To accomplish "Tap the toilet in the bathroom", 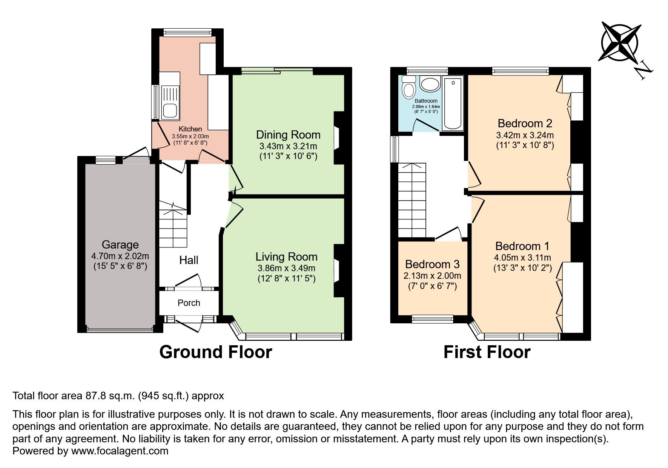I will click(x=408, y=88).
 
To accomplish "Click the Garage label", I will click(x=120, y=245).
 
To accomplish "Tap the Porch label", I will click(x=189, y=303).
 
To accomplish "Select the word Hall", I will click(x=189, y=260).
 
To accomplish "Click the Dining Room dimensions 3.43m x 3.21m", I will click(x=288, y=146).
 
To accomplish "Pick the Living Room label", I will click(x=286, y=257).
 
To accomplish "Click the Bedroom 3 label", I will click(x=432, y=264).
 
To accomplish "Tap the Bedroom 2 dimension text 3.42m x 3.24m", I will click(x=525, y=135).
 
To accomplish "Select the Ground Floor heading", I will click(x=215, y=352).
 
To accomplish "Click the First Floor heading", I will click(x=487, y=352).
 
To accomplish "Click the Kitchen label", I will click(x=190, y=129).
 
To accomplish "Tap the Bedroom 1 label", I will click(x=522, y=246).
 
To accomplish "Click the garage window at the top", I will click(x=105, y=161).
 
